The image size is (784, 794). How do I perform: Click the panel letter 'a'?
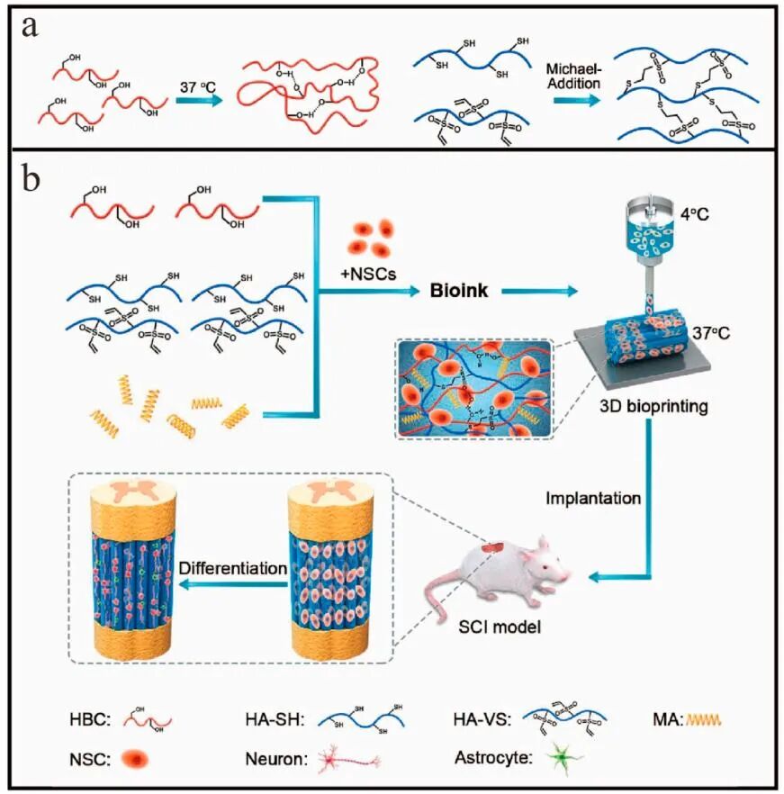[30, 26]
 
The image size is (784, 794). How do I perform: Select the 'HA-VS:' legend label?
[482, 720]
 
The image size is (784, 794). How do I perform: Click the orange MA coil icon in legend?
[704, 720]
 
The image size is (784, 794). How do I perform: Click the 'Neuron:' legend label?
[275, 761]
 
